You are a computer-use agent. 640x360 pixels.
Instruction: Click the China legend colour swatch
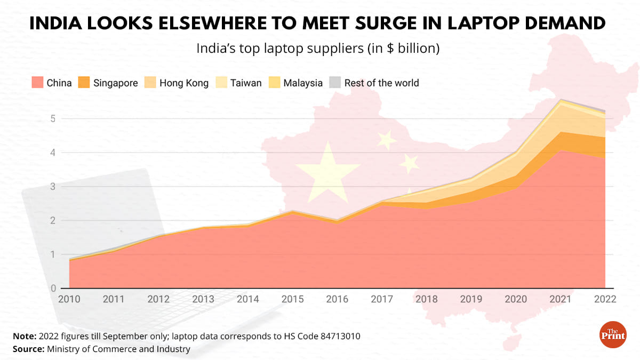point(37,83)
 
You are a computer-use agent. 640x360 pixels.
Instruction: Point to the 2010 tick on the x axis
point(69,299)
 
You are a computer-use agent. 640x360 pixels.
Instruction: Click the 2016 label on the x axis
point(338,299)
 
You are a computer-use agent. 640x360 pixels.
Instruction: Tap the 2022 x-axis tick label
point(605,299)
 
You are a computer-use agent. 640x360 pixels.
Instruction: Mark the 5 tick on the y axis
point(53,119)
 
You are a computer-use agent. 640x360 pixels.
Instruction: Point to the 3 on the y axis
point(53,187)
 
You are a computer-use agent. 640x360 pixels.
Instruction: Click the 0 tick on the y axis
point(53,289)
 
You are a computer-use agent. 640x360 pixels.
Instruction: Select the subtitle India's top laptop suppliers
point(318,48)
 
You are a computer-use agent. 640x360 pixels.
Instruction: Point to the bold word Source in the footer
point(28,349)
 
